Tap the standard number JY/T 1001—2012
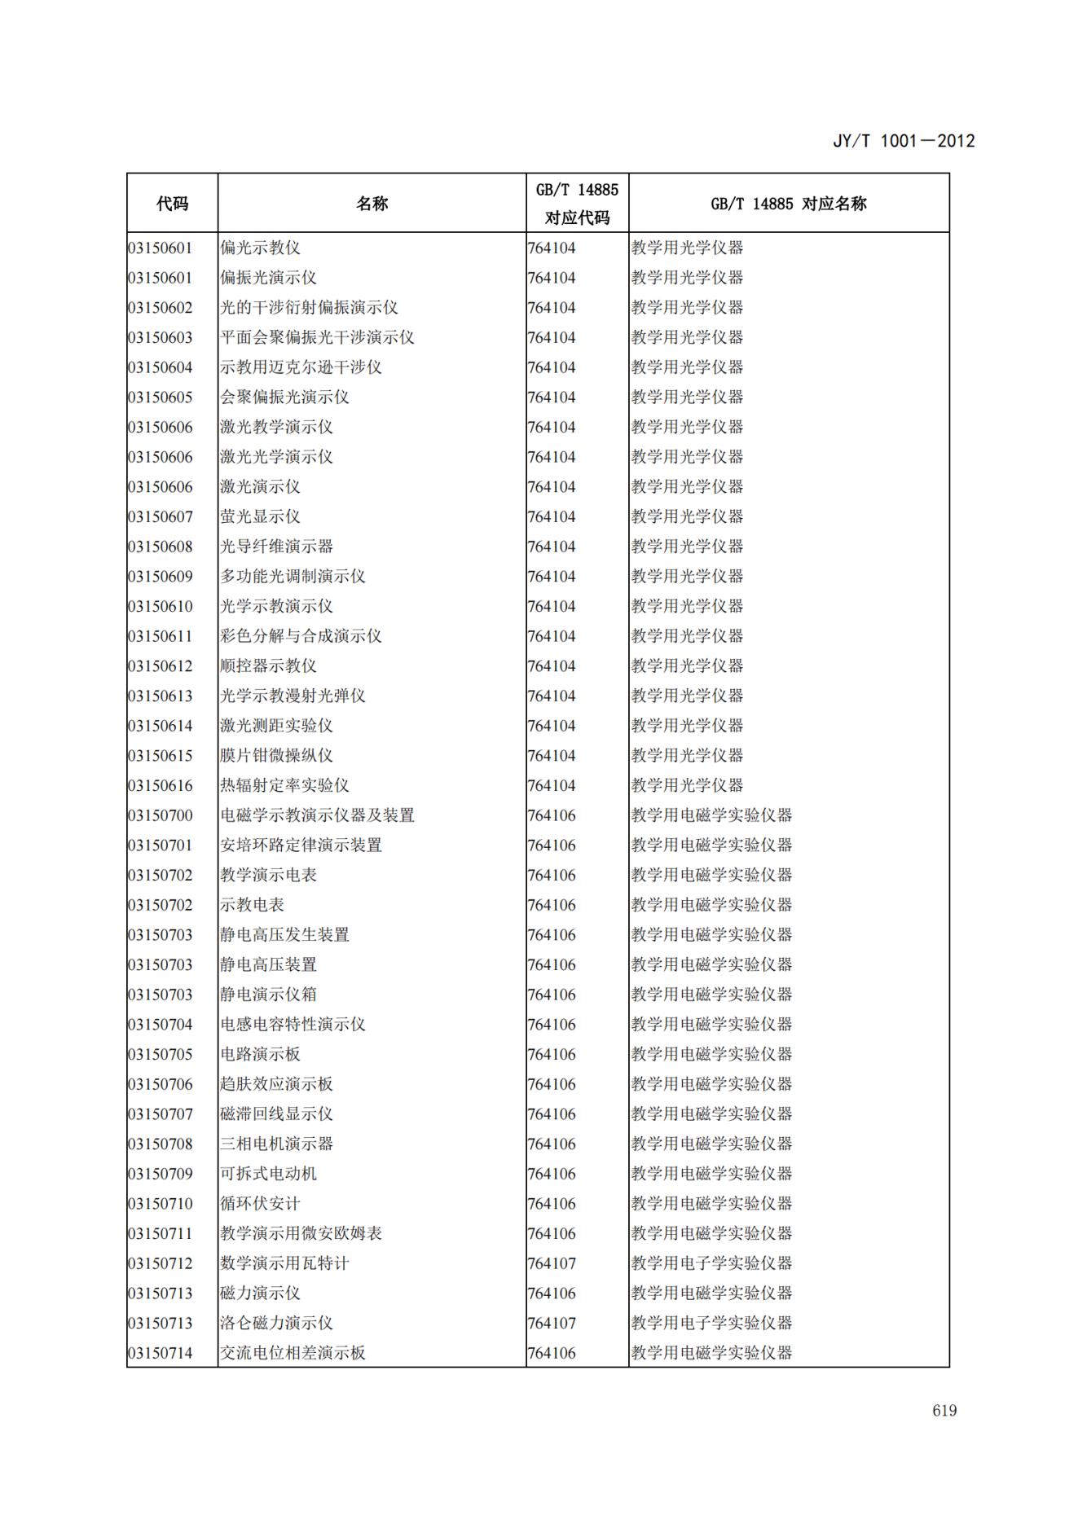(x=903, y=141)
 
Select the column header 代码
(x=172, y=204)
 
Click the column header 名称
(x=372, y=204)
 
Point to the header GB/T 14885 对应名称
(x=788, y=204)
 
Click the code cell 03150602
(x=161, y=308)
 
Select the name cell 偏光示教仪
(x=260, y=248)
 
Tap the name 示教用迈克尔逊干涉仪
(x=301, y=367)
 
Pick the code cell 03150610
(x=161, y=607)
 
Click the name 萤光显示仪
(x=260, y=517)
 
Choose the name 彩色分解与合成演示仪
(x=301, y=636)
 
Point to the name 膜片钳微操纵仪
(x=276, y=756)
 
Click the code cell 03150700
(x=161, y=815)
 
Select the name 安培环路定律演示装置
(x=301, y=845)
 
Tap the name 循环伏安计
(x=260, y=1204)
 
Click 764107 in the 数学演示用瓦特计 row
(x=552, y=1263)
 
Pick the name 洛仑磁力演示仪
(x=276, y=1324)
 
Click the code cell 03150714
(x=161, y=1353)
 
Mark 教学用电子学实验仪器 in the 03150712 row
(x=711, y=1263)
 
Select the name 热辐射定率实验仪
(x=284, y=786)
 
